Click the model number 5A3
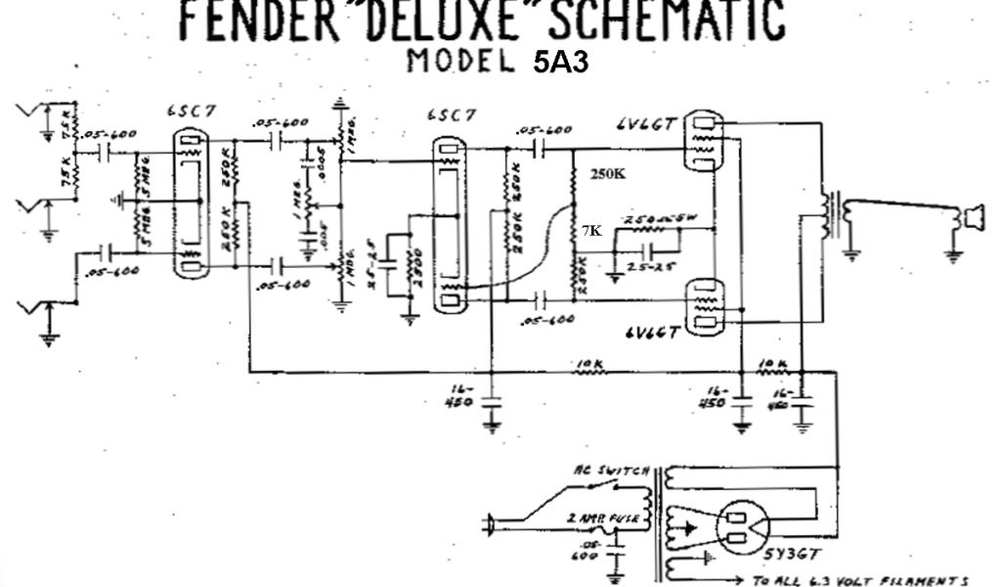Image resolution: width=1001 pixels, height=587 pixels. pos(560,62)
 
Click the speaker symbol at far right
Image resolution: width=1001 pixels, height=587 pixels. pos(972,217)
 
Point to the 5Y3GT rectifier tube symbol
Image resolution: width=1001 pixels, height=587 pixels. pos(742,527)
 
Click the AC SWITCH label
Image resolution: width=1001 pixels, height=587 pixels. pos(612,472)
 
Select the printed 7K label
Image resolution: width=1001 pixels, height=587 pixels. pos(591,231)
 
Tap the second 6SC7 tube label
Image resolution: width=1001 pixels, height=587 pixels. pos(452,115)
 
